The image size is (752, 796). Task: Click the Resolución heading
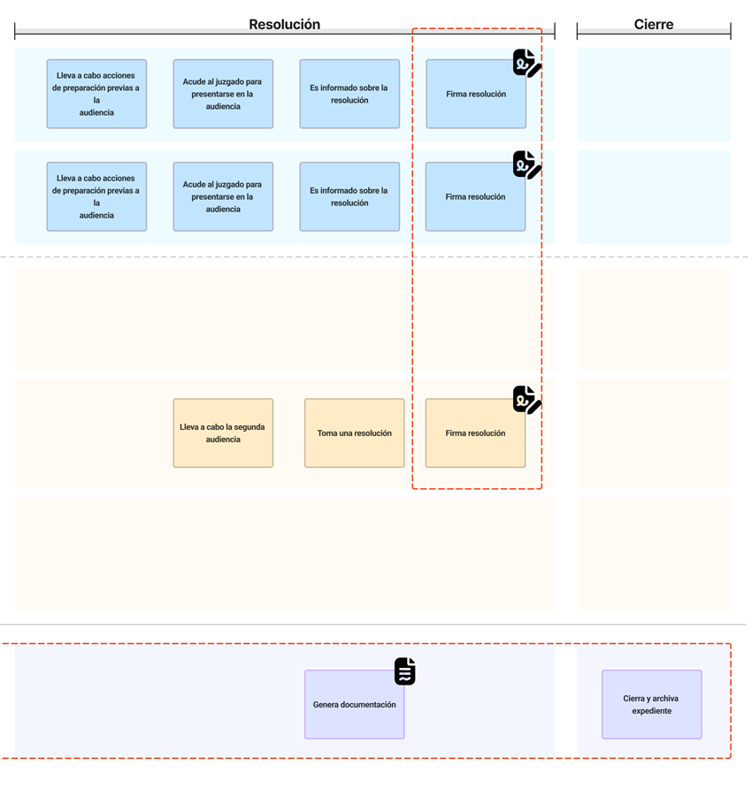(284, 25)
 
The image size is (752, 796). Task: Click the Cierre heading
(653, 25)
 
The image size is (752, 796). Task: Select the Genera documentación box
(354, 705)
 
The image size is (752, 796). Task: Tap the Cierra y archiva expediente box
(651, 705)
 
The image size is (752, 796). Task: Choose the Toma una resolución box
(354, 433)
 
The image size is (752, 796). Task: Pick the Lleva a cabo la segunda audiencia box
(223, 433)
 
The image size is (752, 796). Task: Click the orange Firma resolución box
(475, 433)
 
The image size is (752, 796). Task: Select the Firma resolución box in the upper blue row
(475, 94)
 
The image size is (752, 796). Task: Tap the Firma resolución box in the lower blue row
(475, 196)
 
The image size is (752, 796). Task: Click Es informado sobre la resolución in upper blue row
(349, 94)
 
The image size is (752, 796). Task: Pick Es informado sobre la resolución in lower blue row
(349, 196)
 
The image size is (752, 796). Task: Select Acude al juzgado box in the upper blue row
(223, 94)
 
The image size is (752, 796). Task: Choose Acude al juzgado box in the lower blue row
(223, 196)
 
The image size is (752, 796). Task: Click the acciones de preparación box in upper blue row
(96, 94)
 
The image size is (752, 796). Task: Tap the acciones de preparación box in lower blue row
(96, 196)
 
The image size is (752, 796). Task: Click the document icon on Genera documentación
(404, 671)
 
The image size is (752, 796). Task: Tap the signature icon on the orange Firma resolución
(526, 400)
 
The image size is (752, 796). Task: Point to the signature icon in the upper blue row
(526, 63)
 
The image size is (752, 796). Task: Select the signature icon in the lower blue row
(526, 165)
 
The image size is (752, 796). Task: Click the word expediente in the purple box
(651, 711)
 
